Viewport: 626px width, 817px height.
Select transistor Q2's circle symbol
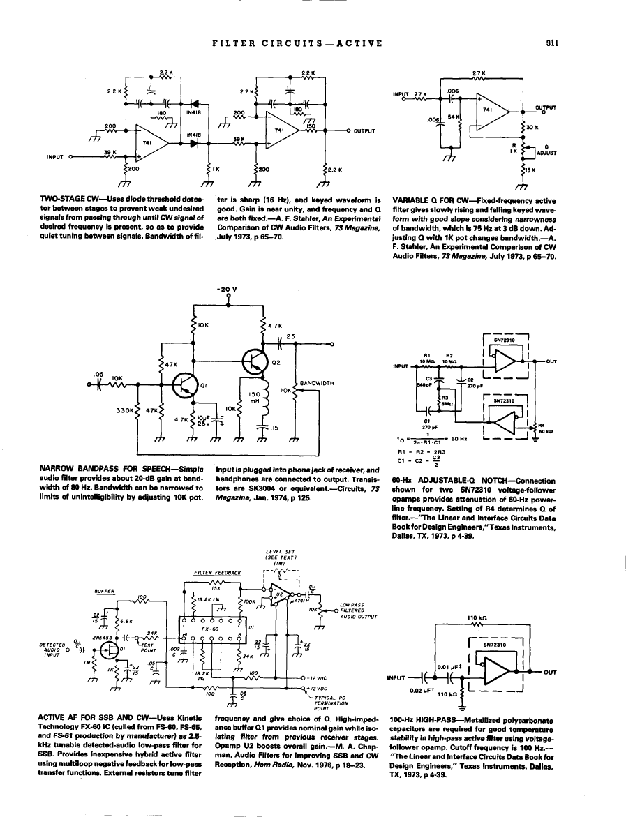[255, 361]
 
